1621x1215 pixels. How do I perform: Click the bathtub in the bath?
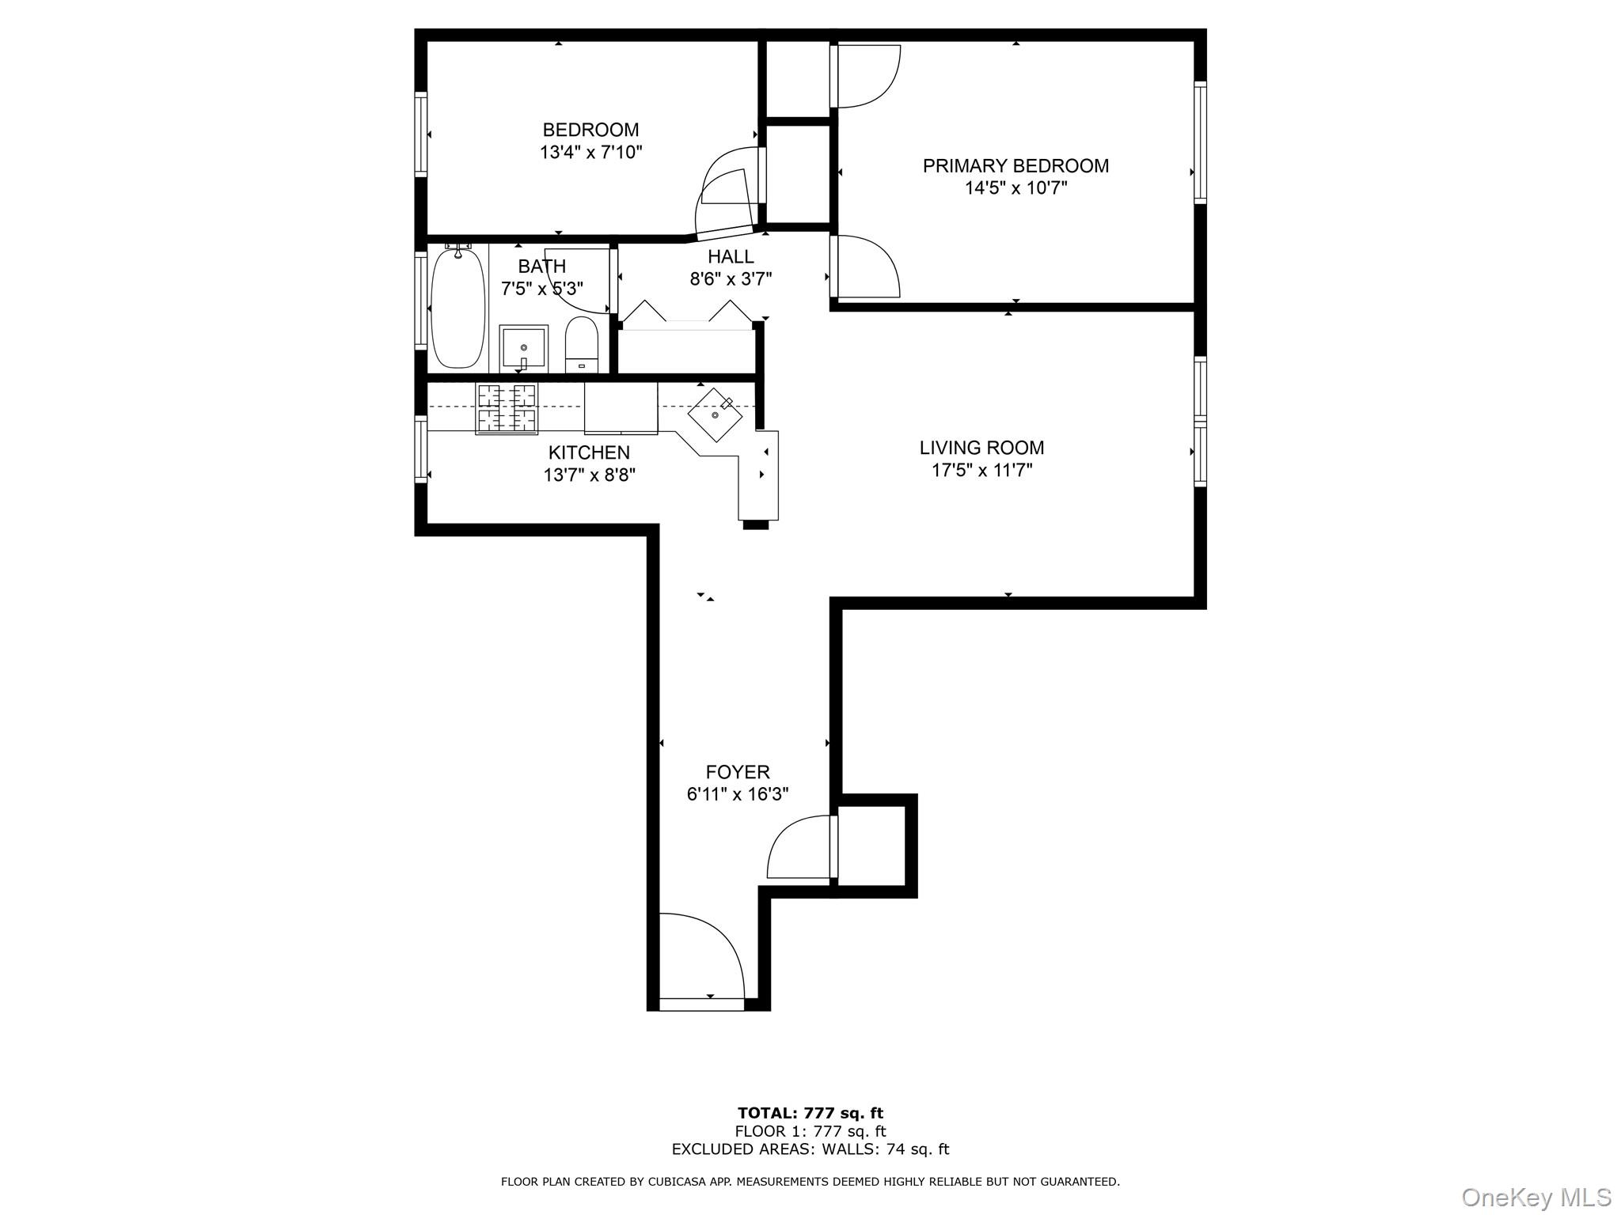pos(457,308)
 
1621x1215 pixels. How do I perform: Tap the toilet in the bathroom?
pos(582,345)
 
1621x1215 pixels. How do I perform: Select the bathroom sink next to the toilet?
pos(523,348)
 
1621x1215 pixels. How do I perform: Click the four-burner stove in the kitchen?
pos(507,408)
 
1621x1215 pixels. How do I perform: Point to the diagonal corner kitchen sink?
pos(716,414)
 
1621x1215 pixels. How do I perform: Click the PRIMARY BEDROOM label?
pos(1015,166)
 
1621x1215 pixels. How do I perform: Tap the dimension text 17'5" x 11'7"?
pos(981,471)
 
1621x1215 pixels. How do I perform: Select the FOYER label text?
pos(738,772)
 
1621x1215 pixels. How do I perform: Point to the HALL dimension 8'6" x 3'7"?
pos(731,278)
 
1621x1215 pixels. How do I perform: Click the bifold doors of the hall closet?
pos(687,313)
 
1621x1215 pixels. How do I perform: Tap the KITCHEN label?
pos(589,452)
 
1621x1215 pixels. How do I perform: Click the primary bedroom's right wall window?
pos(1200,142)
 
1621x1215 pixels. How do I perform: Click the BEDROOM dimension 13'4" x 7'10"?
pos(590,152)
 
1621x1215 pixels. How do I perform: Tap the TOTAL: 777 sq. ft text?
pos(810,1114)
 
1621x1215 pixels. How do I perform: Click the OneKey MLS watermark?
pos(1536,1197)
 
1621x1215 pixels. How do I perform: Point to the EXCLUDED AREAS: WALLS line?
pos(810,1149)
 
